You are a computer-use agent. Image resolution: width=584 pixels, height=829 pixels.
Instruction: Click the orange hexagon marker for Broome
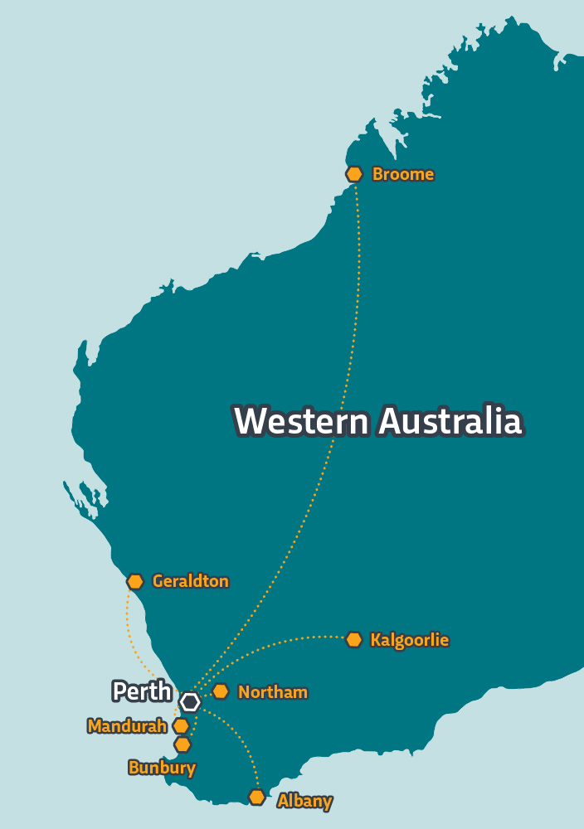[354, 174]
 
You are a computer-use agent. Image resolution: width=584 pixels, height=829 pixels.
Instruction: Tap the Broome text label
[402, 175]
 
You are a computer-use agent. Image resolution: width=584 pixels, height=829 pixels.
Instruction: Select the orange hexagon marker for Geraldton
[135, 582]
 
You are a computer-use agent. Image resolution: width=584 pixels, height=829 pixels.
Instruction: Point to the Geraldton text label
[190, 582]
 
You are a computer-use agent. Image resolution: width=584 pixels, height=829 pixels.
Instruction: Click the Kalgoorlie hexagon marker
[354, 640]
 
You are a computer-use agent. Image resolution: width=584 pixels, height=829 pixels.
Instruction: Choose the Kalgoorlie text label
[409, 641]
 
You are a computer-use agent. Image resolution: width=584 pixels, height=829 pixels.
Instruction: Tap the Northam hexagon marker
[221, 691]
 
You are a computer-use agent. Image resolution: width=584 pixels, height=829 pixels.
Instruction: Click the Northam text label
[272, 692]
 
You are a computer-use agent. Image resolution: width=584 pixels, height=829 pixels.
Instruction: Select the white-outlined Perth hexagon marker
[191, 702]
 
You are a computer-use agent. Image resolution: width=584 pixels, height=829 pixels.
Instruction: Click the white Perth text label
[142, 691]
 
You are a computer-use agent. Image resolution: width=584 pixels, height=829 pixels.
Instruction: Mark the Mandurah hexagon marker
[181, 726]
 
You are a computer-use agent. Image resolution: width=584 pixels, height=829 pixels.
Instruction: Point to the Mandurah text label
[127, 727]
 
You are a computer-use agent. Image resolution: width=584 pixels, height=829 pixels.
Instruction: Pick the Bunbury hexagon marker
[182, 744]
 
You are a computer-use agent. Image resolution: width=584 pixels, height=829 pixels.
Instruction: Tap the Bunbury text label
[162, 768]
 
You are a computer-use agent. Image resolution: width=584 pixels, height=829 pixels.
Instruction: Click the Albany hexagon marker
[257, 797]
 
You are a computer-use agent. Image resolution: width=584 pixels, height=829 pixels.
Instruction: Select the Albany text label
[304, 802]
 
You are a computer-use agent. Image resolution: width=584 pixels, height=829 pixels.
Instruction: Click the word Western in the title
[301, 421]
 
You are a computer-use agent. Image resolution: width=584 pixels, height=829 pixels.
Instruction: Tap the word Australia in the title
[450, 421]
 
